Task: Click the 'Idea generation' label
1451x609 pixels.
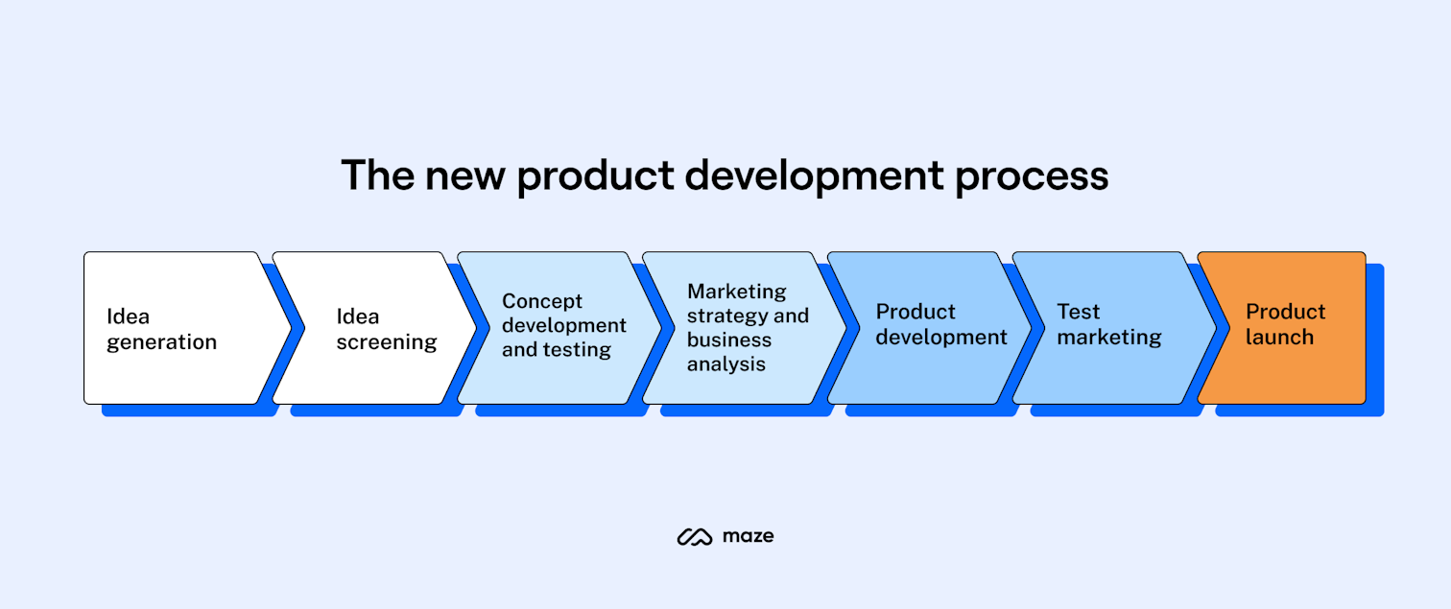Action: [x=161, y=329]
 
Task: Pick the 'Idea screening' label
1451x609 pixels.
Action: [x=386, y=329]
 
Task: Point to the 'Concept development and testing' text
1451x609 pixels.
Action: [x=563, y=326]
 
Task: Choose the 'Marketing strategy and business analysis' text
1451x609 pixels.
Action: [x=747, y=327]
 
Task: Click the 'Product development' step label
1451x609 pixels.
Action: [x=940, y=324]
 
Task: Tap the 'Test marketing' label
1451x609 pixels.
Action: [x=1108, y=324]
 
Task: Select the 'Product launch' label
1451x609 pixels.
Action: [x=1285, y=324]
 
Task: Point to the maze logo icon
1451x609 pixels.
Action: [x=694, y=537]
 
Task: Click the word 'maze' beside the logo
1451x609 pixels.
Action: [x=748, y=537]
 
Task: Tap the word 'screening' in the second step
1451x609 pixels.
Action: [x=386, y=342]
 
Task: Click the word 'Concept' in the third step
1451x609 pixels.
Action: [x=542, y=301]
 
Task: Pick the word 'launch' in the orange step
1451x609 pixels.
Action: [x=1279, y=338]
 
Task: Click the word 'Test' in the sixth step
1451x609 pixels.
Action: [x=1078, y=312]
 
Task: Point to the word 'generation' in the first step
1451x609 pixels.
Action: [x=161, y=342]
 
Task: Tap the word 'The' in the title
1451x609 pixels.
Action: [x=376, y=176]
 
